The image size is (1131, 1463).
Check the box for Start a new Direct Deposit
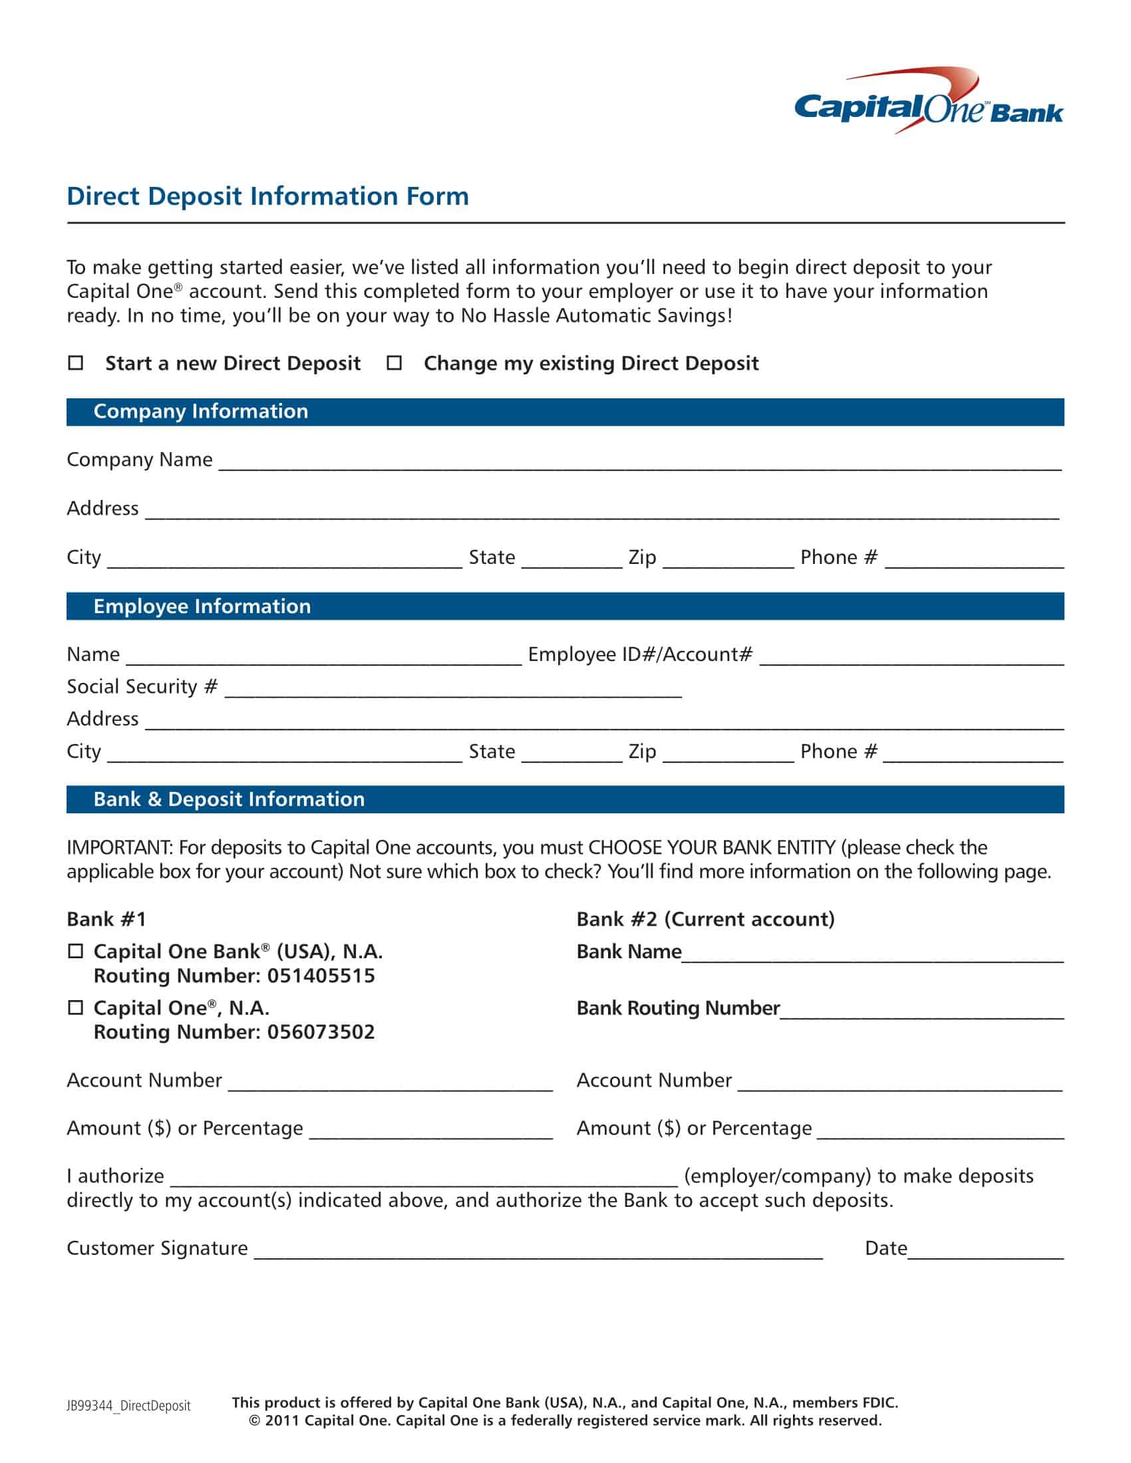76,363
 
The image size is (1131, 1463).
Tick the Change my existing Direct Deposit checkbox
395,363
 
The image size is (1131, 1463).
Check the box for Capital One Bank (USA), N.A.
76,951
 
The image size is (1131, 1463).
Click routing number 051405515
321,976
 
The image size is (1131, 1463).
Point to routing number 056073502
321,1032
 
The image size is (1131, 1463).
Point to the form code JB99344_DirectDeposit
128,1406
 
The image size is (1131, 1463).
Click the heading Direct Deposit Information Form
267,196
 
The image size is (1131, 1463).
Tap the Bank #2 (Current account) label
705,919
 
